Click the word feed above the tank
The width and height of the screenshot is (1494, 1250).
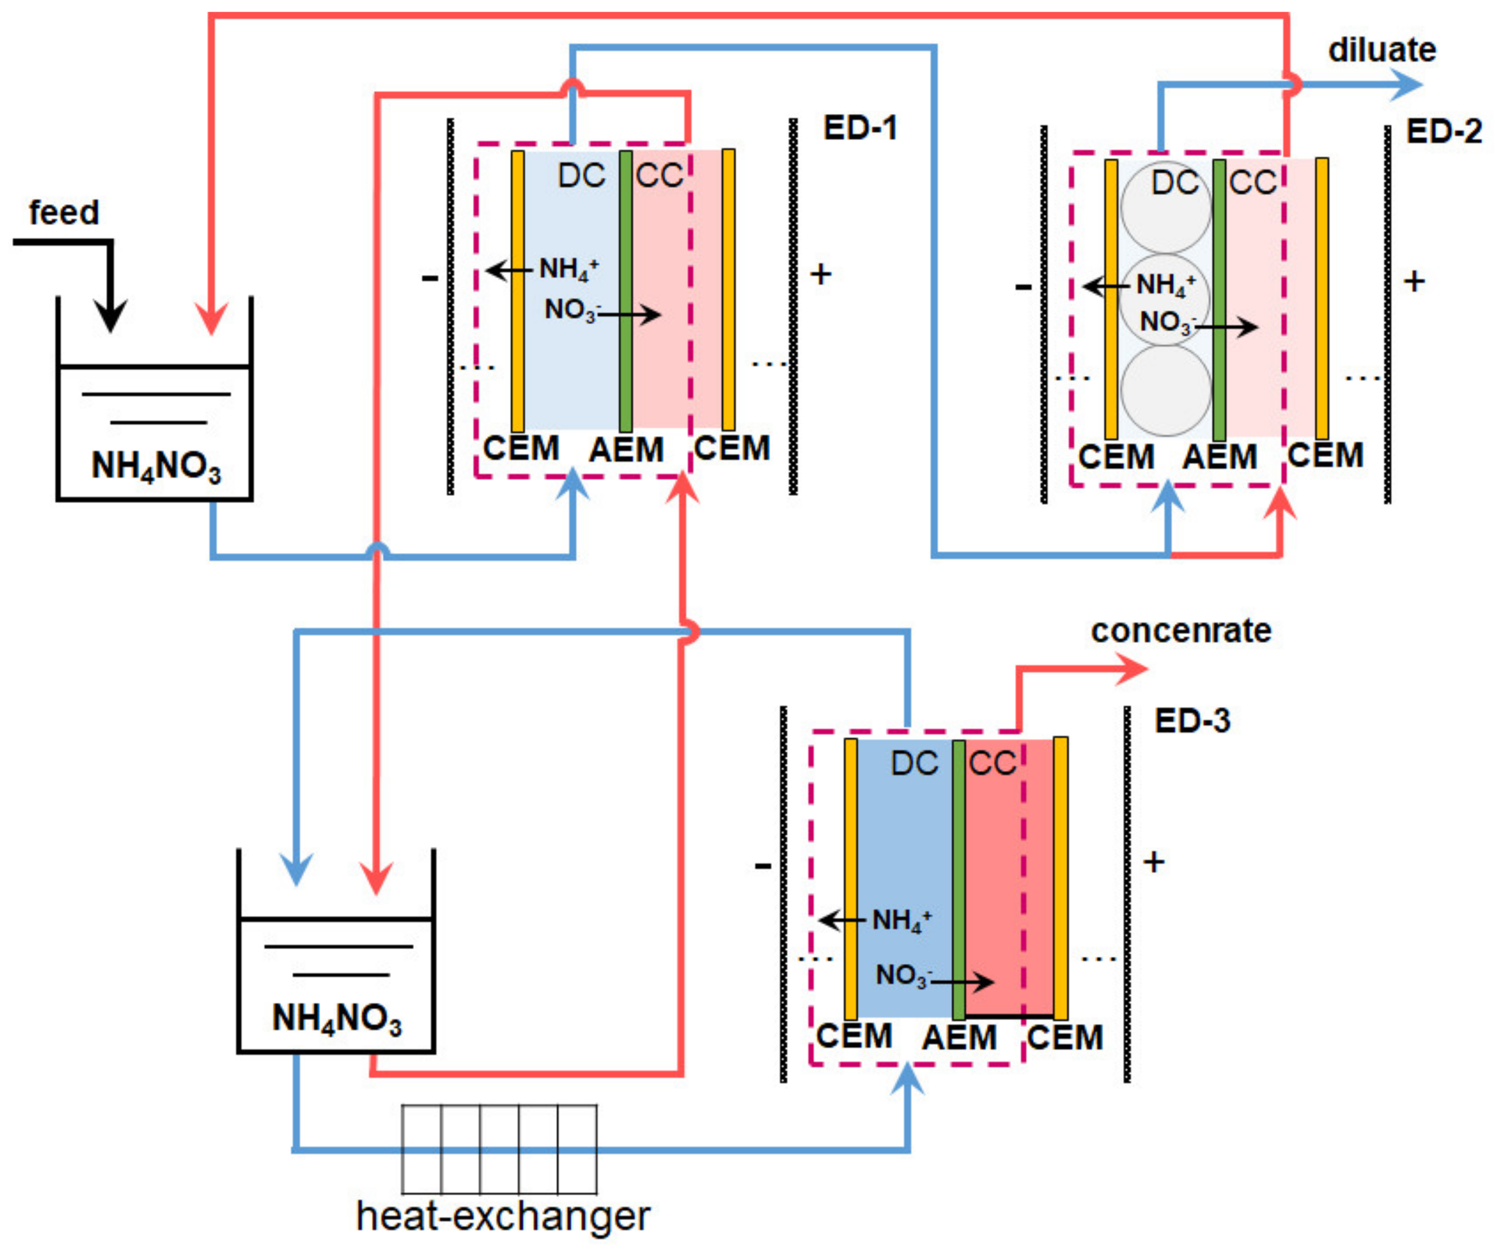(63, 213)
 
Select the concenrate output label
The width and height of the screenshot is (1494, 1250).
(1181, 631)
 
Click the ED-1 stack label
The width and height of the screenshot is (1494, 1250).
(860, 128)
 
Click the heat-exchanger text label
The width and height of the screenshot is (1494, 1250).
(503, 1216)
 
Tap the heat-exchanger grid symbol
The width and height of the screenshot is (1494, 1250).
(499, 1150)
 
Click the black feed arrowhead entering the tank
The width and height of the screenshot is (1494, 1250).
(110, 317)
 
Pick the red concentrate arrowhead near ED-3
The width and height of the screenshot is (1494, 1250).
(1132, 669)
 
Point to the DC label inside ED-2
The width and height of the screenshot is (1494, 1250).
(1175, 183)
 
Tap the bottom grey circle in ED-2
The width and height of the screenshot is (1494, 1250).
(1165, 390)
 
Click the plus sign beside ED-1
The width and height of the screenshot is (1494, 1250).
(821, 275)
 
